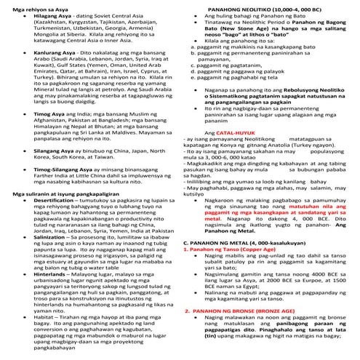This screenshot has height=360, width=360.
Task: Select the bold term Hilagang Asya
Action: [x=44, y=15]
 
